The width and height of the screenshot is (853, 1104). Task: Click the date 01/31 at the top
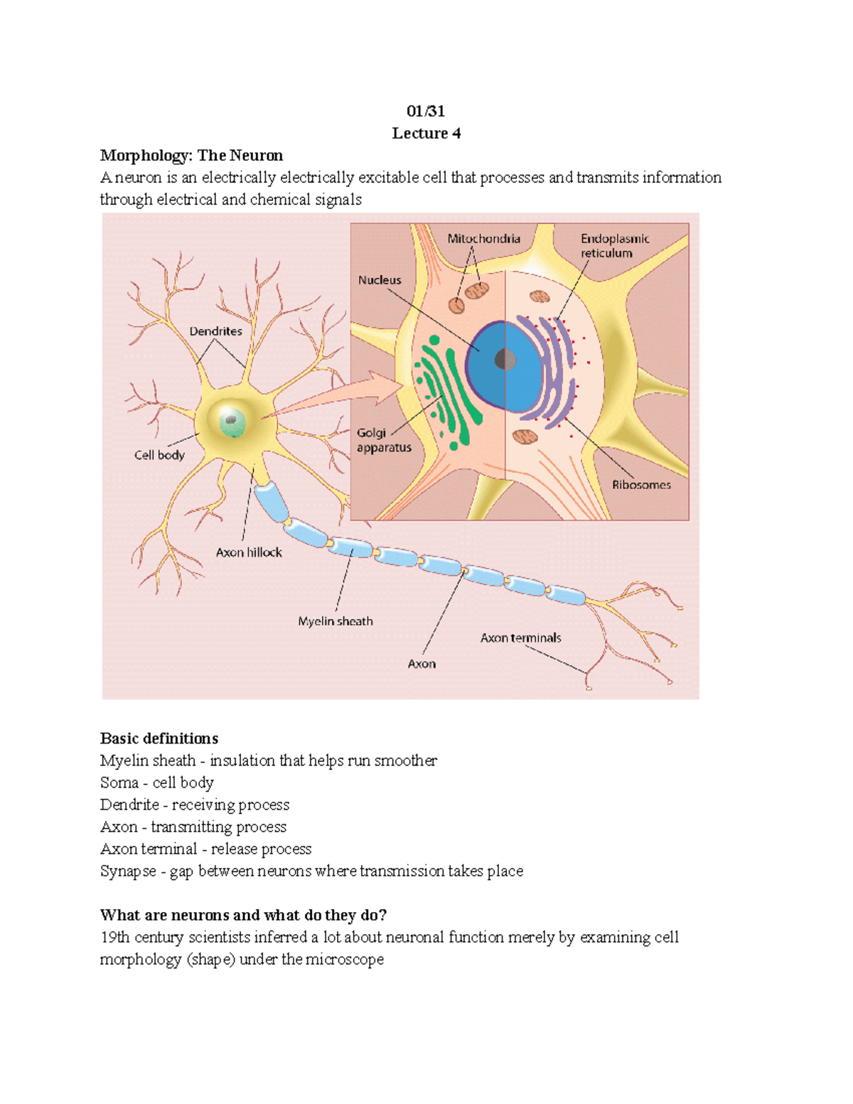click(x=426, y=111)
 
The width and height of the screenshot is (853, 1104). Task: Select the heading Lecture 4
click(x=426, y=133)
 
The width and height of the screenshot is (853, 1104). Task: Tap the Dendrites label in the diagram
click(x=215, y=331)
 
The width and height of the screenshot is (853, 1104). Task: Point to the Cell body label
click(x=159, y=455)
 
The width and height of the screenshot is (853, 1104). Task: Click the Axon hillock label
click(x=249, y=552)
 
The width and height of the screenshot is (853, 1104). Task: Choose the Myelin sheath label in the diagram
click(x=335, y=621)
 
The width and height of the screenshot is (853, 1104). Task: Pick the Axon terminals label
click(x=520, y=638)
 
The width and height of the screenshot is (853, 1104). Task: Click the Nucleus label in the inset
click(x=380, y=280)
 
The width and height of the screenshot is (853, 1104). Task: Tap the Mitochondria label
click(x=483, y=239)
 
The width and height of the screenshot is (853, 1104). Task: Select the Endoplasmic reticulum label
click(x=614, y=246)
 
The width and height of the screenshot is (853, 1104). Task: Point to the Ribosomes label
click(x=641, y=485)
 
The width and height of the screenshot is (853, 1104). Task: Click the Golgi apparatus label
click(x=383, y=440)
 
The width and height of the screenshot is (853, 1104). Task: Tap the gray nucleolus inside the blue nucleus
click(x=505, y=360)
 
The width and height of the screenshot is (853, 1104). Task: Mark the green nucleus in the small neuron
click(x=232, y=422)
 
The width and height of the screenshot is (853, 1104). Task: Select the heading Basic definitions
click(x=159, y=739)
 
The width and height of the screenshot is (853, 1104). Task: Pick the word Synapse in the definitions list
click(x=128, y=871)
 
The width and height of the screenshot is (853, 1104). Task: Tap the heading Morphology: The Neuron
click(x=191, y=156)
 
